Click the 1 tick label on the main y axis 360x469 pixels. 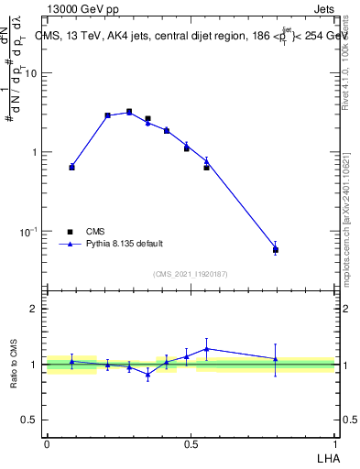pos(36,152)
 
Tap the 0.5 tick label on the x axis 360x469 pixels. pos(191,443)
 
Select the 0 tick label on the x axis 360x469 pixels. pos(47,443)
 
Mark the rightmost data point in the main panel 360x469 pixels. pos(276,249)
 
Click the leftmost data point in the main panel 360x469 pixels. pos(71,167)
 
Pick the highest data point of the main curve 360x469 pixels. pos(129,112)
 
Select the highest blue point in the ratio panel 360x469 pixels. pos(207,348)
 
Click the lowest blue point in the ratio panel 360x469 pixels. pos(147,375)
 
